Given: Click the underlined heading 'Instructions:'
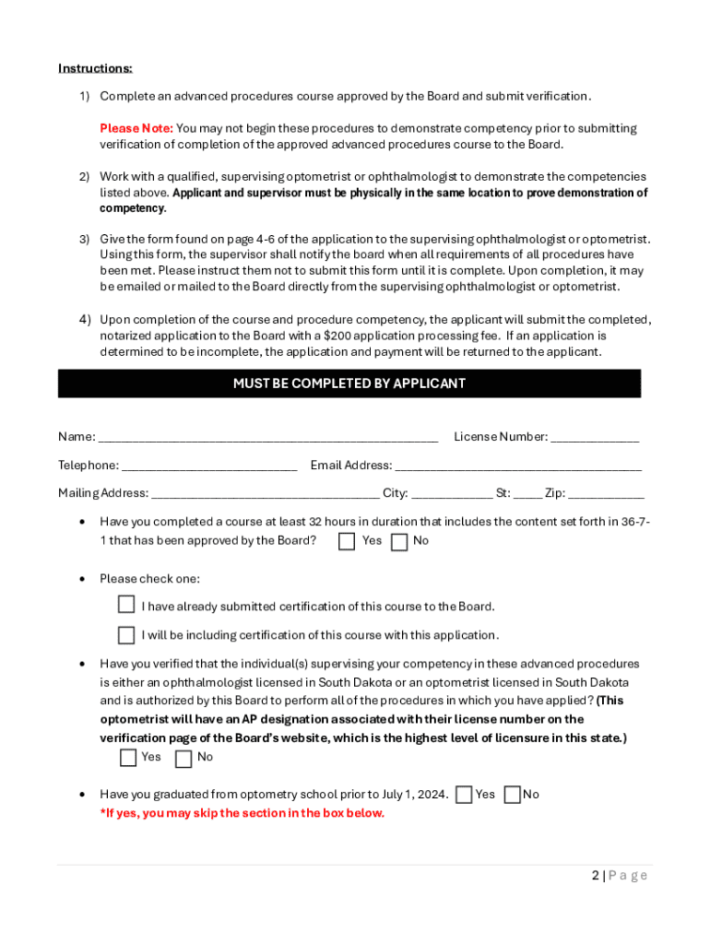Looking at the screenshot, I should [x=95, y=68].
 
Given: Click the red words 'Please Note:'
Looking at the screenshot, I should [x=136, y=128].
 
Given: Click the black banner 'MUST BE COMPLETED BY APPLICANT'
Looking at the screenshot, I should [x=349, y=383].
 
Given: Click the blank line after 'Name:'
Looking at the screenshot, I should [x=267, y=438].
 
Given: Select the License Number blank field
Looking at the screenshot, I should [x=595, y=438].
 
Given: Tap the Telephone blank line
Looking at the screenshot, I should [x=209, y=466].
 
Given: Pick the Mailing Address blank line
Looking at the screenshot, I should [x=265, y=494].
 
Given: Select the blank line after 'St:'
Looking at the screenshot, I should [x=528, y=494].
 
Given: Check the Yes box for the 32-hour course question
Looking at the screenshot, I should [x=347, y=542].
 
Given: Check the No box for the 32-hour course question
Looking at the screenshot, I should [x=399, y=542].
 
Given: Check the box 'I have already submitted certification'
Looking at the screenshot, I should [x=126, y=605].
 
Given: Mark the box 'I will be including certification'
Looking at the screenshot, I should [x=126, y=635].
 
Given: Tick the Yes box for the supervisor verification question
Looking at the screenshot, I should [x=128, y=759].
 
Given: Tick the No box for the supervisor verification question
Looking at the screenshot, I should [x=183, y=759].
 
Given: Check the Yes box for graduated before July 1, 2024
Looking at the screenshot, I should [x=464, y=795].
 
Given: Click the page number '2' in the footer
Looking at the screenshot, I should [x=596, y=876].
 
